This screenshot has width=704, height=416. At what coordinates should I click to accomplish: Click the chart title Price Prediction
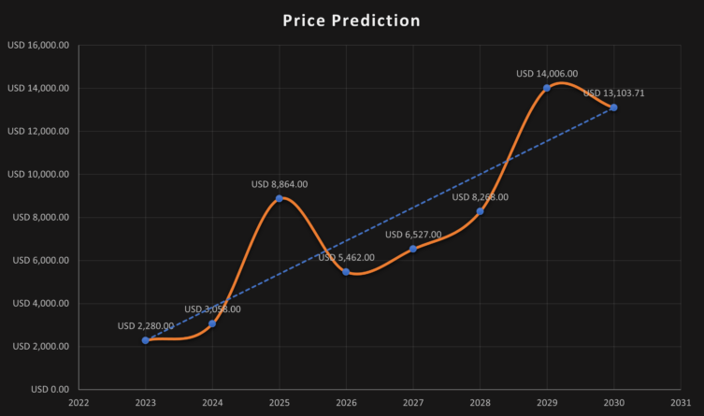(x=352, y=21)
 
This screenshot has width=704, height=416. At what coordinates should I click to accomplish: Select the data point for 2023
(x=146, y=340)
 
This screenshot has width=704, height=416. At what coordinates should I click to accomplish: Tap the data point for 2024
(x=212, y=323)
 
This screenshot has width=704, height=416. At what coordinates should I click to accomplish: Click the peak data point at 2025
(x=280, y=198)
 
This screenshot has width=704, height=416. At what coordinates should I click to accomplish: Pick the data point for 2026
(x=346, y=272)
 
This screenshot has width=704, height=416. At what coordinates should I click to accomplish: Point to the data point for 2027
(x=413, y=249)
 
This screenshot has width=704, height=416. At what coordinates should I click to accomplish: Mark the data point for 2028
(x=480, y=211)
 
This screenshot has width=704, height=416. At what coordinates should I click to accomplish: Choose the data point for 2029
(x=547, y=88)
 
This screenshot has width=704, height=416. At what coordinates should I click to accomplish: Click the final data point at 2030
(x=613, y=108)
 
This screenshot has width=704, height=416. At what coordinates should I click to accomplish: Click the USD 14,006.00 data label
(x=547, y=73)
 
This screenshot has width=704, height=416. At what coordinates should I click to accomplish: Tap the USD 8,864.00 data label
(x=280, y=184)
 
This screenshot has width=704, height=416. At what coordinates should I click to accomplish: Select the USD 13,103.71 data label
(x=613, y=93)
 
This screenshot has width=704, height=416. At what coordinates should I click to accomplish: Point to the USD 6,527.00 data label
(x=413, y=235)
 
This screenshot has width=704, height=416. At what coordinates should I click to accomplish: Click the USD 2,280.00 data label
(x=146, y=326)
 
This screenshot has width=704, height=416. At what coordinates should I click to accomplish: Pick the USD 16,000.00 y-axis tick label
(x=38, y=45)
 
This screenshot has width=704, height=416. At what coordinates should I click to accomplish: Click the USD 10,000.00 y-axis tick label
(x=38, y=174)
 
